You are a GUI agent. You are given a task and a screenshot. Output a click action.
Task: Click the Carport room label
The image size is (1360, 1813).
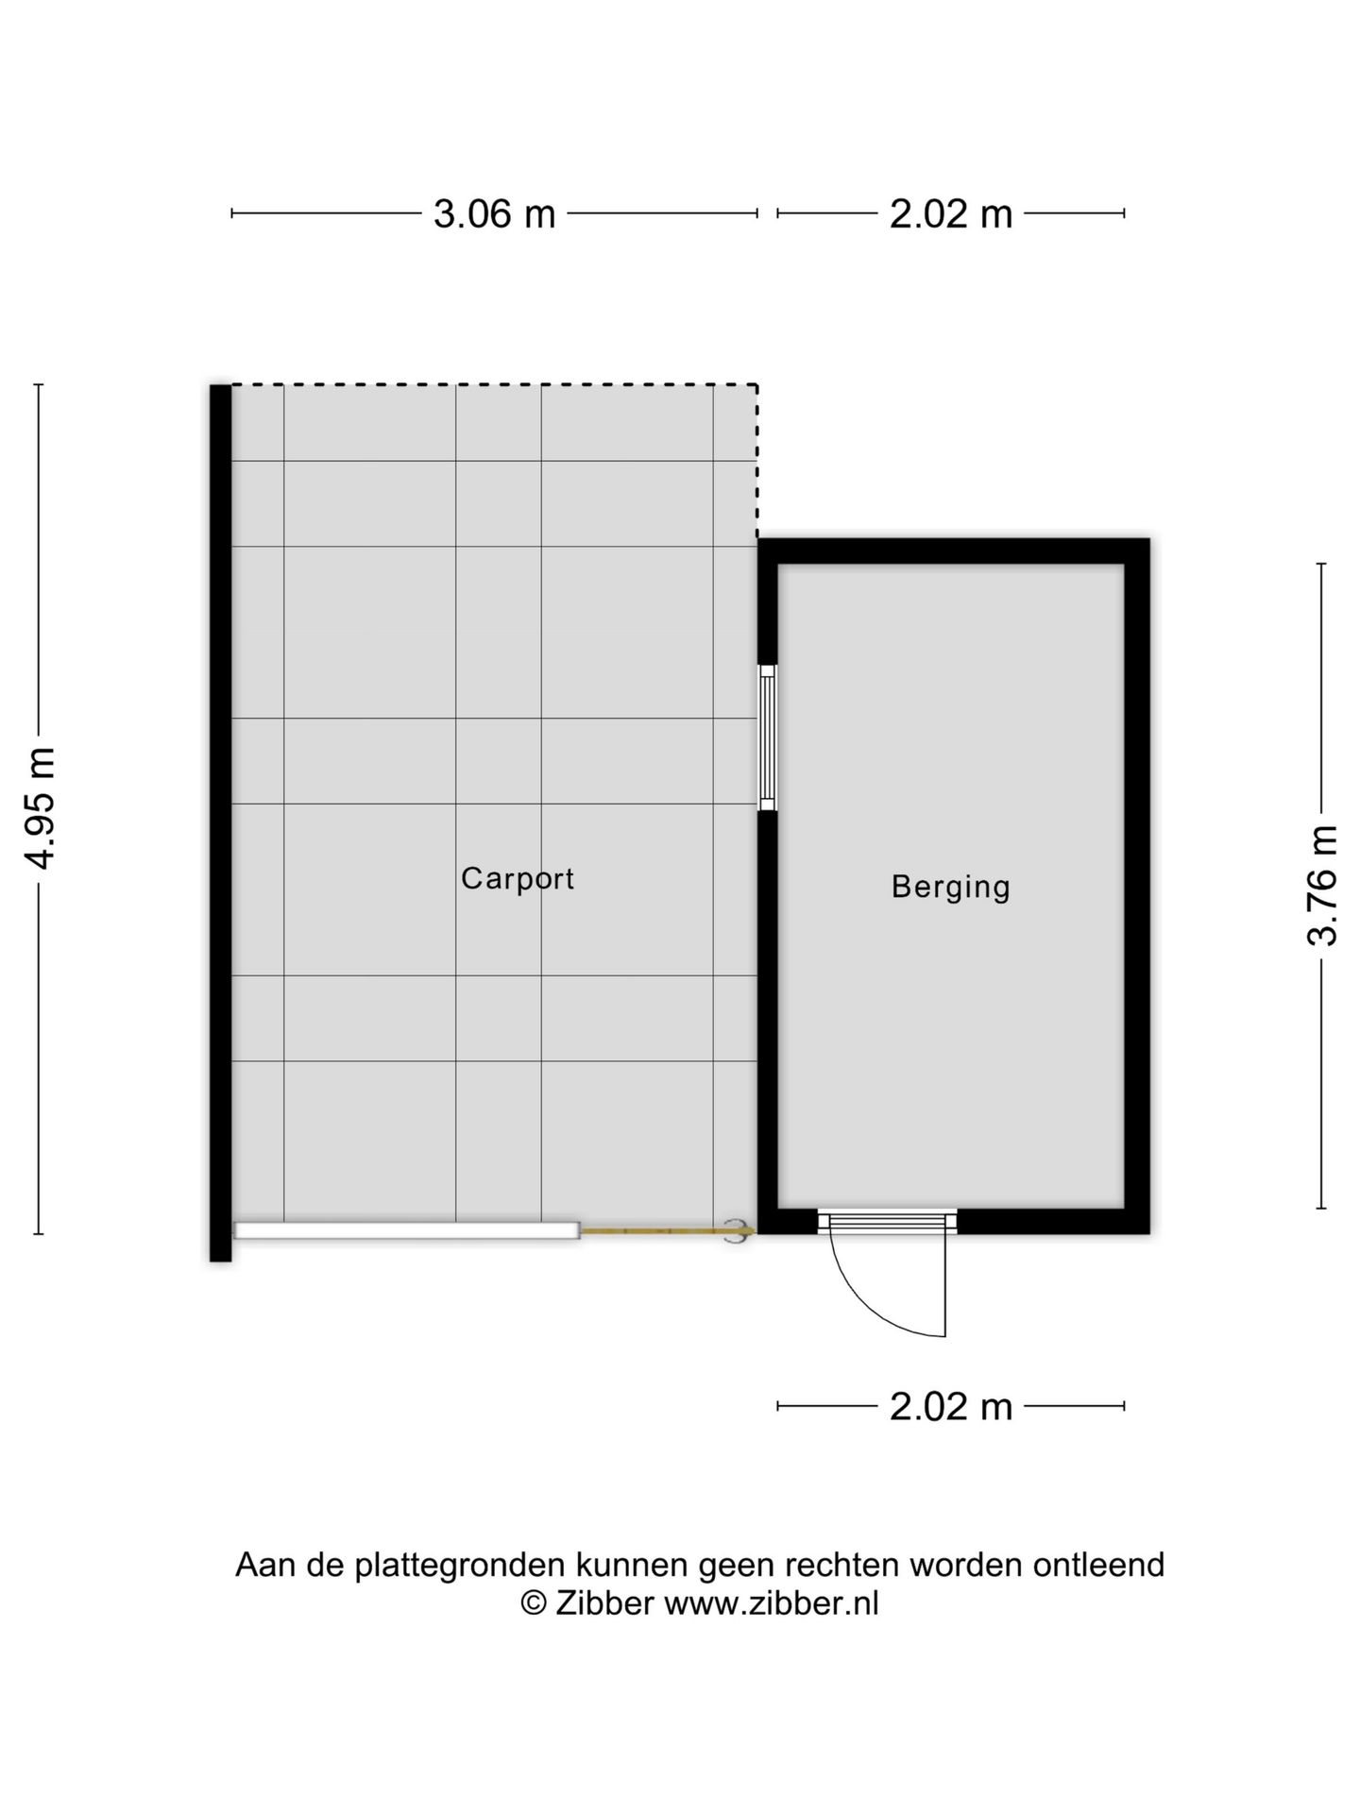click(x=517, y=879)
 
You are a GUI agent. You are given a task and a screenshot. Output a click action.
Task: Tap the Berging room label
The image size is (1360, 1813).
click(x=950, y=887)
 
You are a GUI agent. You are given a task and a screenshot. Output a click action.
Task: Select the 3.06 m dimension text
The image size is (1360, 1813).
click(x=494, y=214)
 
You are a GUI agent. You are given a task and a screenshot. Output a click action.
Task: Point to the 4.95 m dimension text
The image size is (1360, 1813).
click(x=42, y=807)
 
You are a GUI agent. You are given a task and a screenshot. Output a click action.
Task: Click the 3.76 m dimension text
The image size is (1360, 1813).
click(x=1322, y=885)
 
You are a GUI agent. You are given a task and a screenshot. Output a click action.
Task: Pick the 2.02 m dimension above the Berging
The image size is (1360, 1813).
click(x=950, y=214)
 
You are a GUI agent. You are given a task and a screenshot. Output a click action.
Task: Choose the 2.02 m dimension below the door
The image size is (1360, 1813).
click(x=950, y=1407)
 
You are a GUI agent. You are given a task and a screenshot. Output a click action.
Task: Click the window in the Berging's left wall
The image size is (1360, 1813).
click(x=768, y=737)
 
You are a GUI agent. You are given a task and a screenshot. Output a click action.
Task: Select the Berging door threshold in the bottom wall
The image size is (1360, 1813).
click(x=887, y=1222)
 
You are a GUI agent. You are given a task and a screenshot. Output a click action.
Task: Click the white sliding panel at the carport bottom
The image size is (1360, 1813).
click(x=406, y=1230)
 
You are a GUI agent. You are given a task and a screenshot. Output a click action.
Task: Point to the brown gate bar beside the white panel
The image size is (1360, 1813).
click(x=661, y=1231)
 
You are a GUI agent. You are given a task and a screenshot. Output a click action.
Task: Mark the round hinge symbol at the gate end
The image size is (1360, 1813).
click(x=735, y=1231)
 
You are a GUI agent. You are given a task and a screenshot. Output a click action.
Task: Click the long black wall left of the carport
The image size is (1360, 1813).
click(x=220, y=822)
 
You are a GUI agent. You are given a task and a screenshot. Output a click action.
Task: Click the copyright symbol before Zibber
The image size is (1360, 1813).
click(x=534, y=1603)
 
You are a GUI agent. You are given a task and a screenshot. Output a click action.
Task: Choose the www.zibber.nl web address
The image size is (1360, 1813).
click(x=771, y=1603)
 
